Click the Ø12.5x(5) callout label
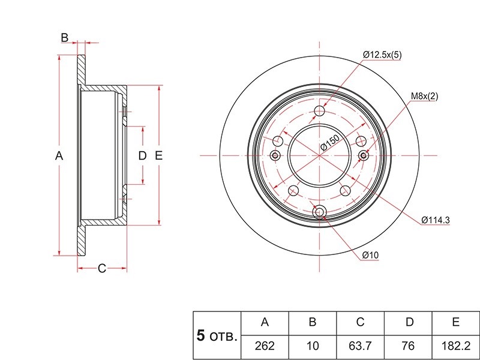coord(382,55)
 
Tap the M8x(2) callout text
coord(424,96)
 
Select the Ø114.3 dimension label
coord(436,220)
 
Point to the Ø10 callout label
coord(370,255)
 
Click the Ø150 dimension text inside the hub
coord(329,143)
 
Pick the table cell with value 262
coord(265,346)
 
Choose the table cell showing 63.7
coord(361,346)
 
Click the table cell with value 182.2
coord(456,346)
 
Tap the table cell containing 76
coord(408,346)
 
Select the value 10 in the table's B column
coord(313,346)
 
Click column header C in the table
coord(361,322)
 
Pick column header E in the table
coord(456,322)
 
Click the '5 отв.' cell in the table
coord(217,336)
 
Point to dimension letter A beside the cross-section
coord(59,156)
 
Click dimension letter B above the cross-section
coord(65,38)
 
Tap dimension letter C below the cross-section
coord(102,268)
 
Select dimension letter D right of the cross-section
coord(142,156)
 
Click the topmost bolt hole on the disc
coord(319,111)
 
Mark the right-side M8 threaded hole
coord(364,155)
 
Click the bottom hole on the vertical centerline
coord(319,212)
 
